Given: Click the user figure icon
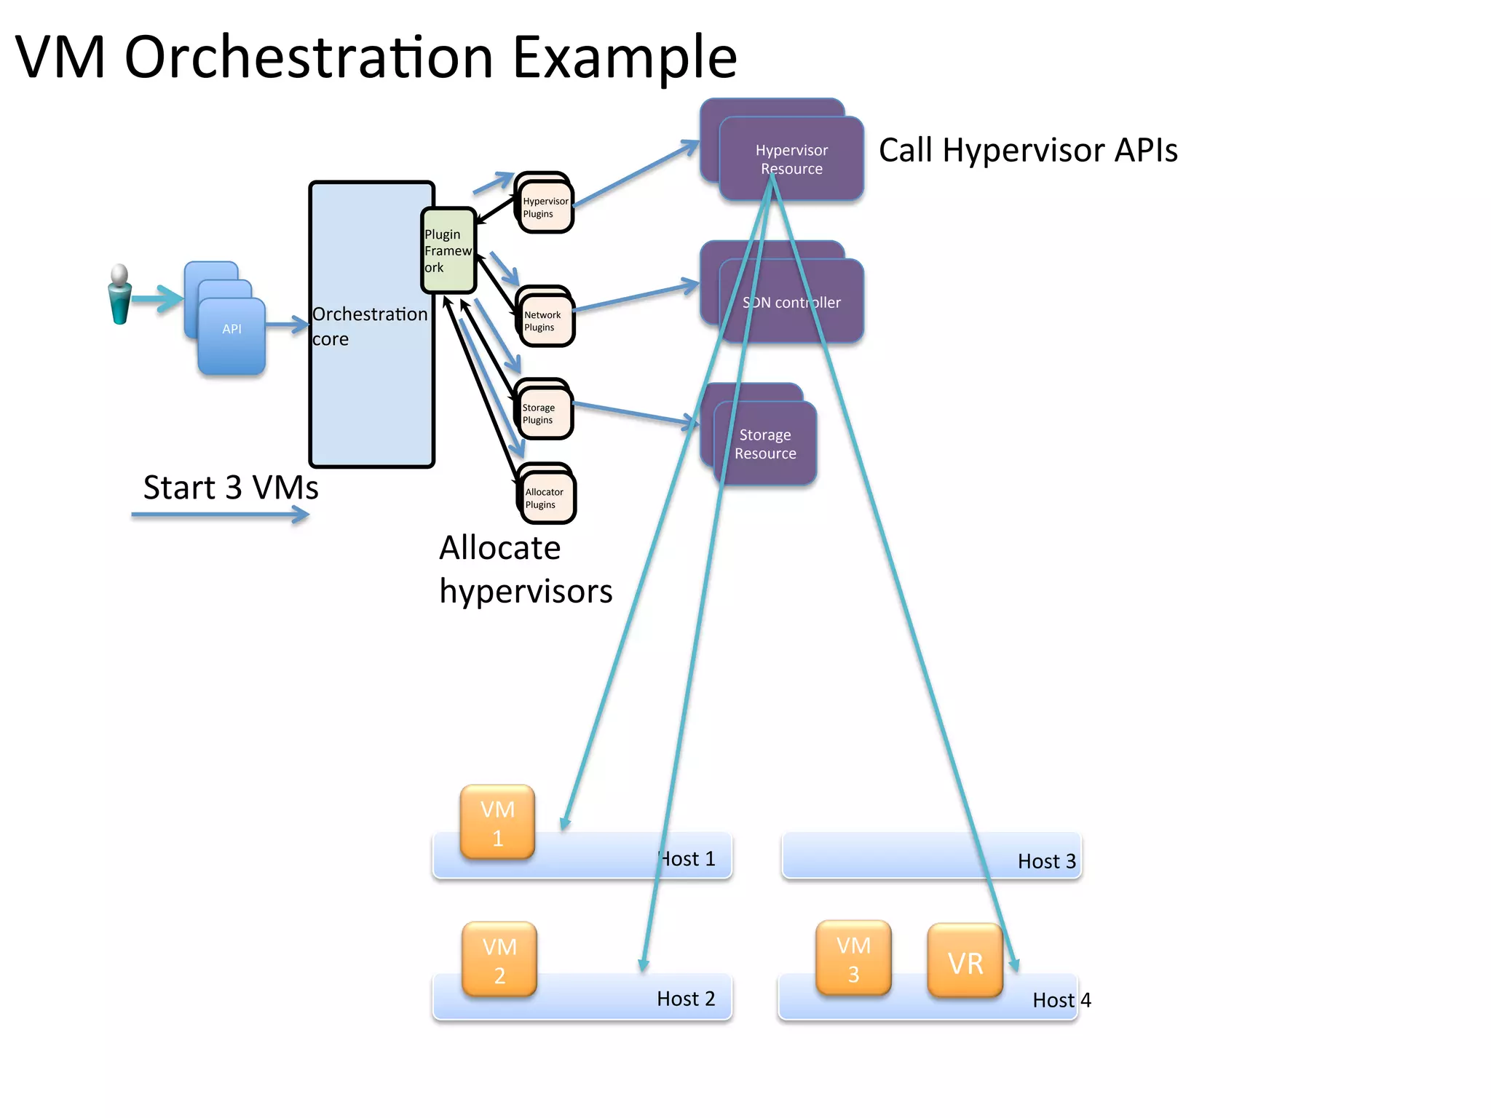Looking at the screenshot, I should pyautogui.click(x=120, y=295).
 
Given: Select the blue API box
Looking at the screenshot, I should pyautogui.click(x=232, y=336).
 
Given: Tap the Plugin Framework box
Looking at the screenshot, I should pyautogui.click(x=448, y=251).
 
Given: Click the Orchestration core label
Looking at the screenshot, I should pyautogui.click(x=370, y=326).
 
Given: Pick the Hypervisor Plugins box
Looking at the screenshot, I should pyautogui.click(x=546, y=207).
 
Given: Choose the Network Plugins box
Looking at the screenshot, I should pyautogui.click(x=547, y=321).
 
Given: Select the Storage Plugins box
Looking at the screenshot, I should pyautogui.click(x=545, y=413).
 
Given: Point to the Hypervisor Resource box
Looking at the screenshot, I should pyautogui.click(x=791, y=159).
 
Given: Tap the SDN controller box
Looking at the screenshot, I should pyautogui.click(x=791, y=302).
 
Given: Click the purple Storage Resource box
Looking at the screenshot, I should pyautogui.click(x=765, y=443).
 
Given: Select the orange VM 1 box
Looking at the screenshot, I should pyautogui.click(x=498, y=822).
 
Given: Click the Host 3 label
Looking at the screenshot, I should pyautogui.click(x=1046, y=862).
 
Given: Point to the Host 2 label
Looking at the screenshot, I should pyautogui.click(x=686, y=999).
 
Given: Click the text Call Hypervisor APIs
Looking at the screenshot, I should pyautogui.click(x=1028, y=151).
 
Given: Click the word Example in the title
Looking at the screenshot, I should pyautogui.click(x=625, y=58).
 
